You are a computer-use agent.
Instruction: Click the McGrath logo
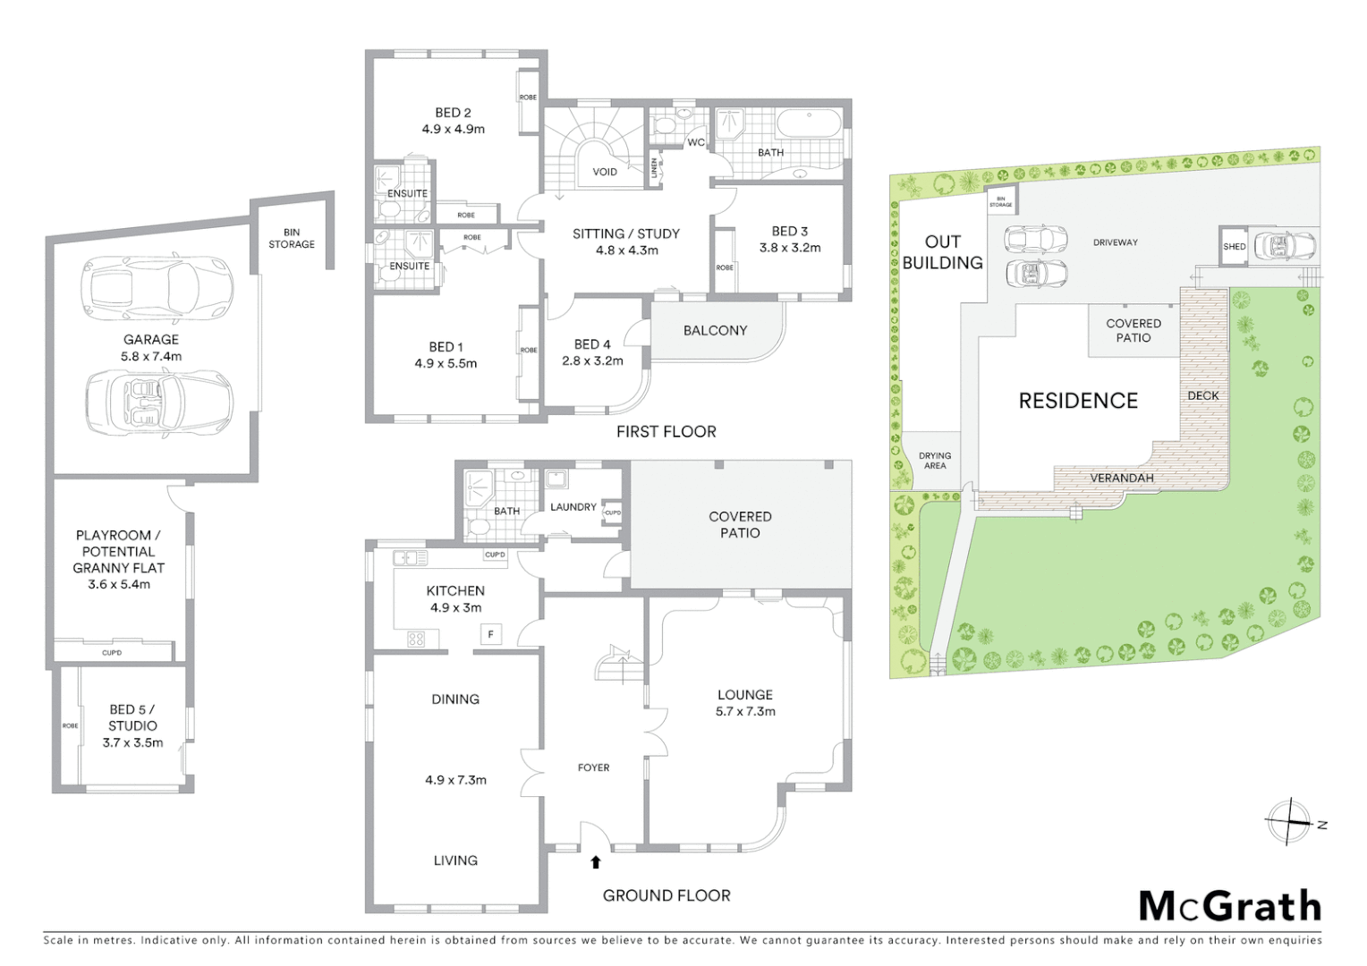click(x=1229, y=906)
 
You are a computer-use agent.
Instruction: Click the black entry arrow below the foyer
click(x=595, y=862)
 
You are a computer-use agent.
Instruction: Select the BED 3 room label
click(x=789, y=231)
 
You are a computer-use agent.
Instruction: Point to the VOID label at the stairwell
click(x=605, y=172)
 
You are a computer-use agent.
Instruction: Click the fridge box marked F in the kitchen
click(x=490, y=635)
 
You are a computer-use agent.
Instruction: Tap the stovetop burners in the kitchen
click(x=416, y=639)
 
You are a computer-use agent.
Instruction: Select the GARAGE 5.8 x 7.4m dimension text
click(x=151, y=356)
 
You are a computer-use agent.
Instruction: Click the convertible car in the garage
click(x=159, y=402)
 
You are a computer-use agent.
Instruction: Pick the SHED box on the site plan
click(x=1234, y=246)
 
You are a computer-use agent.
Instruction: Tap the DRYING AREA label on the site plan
click(x=935, y=461)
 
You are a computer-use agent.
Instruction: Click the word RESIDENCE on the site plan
click(x=1078, y=401)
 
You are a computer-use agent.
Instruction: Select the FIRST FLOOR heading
click(x=666, y=432)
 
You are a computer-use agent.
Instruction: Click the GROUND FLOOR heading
click(x=666, y=895)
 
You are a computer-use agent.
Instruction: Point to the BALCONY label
click(x=715, y=330)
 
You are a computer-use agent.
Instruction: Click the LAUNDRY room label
click(x=573, y=507)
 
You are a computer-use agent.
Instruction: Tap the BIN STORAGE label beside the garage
click(x=292, y=238)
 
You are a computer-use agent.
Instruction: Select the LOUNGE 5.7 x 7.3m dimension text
click(x=745, y=712)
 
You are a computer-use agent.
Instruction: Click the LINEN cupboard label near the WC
click(x=654, y=167)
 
